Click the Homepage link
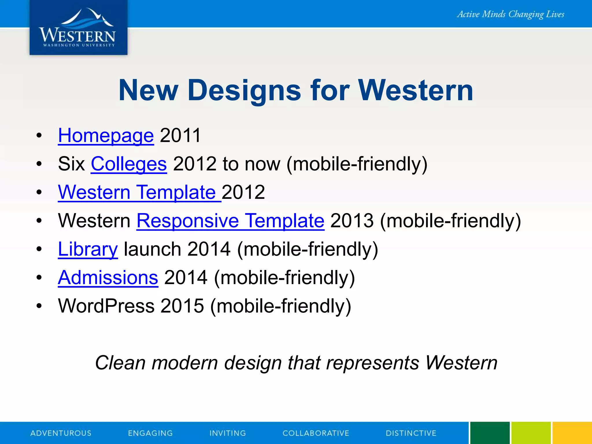(x=106, y=135)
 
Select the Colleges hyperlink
(x=129, y=164)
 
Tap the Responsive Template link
(x=230, y=221)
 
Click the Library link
(x=88, y=249)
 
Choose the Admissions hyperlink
(x=108, y=277)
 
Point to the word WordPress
(x=106, y=306)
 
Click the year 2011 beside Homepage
(x=180, y=135)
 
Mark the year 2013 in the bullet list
(x=352, y=221)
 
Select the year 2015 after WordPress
(x=182, y=306)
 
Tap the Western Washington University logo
(x=78, y=28)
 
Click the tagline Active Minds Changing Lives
(x=510, y=14)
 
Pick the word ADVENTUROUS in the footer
(x=61, y=433)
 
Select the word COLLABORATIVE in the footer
(x=316, y=433)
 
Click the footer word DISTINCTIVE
(x=411, y=433)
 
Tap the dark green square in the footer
(x=490, y=433)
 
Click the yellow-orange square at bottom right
(x=572, y=433)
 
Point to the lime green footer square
(x=531, y=433)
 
